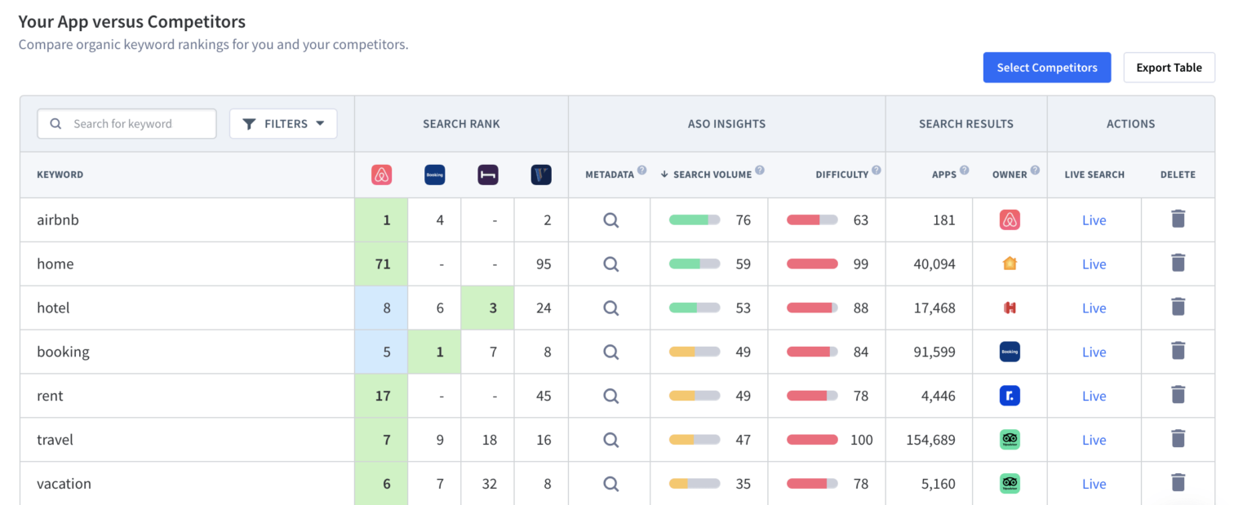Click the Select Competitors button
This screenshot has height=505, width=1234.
coord(1046,68)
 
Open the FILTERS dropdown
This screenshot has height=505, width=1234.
coord(283,124)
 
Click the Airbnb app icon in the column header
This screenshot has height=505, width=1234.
coord(382,175)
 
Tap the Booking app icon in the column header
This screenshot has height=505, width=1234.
coord(435,175)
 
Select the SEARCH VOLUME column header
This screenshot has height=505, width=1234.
coord(712,175)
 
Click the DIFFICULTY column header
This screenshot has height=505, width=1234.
coord(841,175)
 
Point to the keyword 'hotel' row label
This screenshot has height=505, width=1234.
coord(53,308)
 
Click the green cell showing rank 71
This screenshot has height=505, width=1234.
coord(382,264)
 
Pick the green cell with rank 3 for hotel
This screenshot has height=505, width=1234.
coord(488,308)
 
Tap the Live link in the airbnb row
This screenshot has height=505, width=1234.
coord(1094,220)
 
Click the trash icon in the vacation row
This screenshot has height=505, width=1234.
coord(1178,483)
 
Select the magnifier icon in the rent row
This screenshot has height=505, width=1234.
coord(610,396)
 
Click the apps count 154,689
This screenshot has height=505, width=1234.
coord(930,441)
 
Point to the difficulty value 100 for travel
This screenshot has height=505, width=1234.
coord(861,441)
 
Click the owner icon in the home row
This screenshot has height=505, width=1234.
coord(1010,264)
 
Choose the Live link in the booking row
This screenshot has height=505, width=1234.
coord(1094,352)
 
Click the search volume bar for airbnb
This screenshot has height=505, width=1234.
coord(695,220)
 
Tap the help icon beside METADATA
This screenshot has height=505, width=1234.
coord(641,171)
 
